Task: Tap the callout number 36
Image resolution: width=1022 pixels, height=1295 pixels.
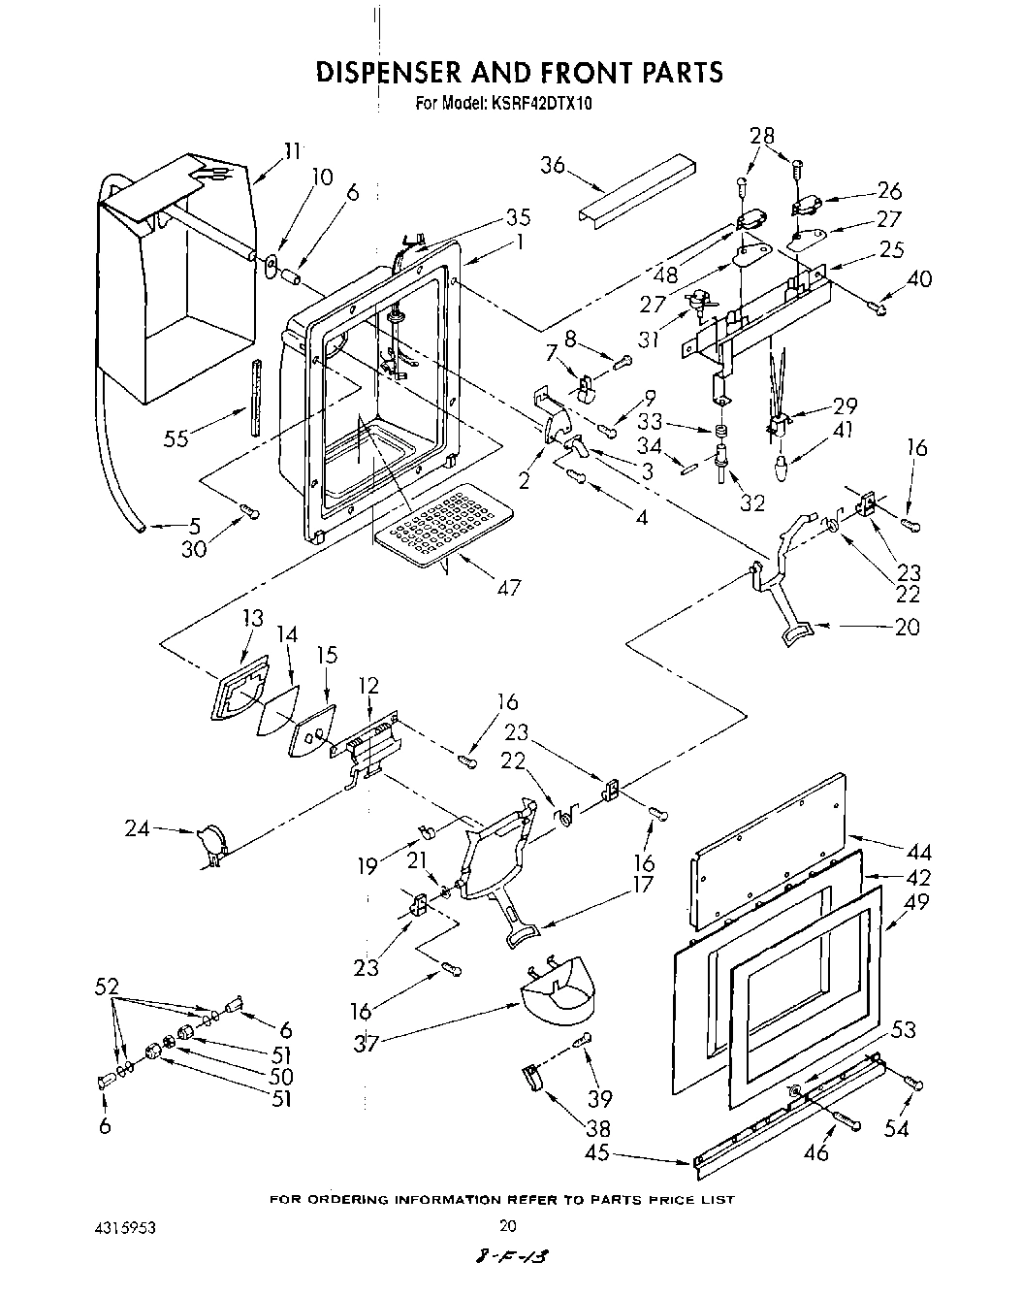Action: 553,166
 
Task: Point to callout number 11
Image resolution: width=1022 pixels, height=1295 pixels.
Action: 290,150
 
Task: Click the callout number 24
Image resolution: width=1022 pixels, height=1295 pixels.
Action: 139,828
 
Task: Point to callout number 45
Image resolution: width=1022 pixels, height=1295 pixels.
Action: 597,1153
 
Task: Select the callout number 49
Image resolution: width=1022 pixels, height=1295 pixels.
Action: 916,901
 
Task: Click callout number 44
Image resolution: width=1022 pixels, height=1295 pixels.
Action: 917,853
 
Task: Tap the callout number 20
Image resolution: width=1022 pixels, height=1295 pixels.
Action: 908,627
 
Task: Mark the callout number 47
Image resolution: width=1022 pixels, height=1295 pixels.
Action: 508,587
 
